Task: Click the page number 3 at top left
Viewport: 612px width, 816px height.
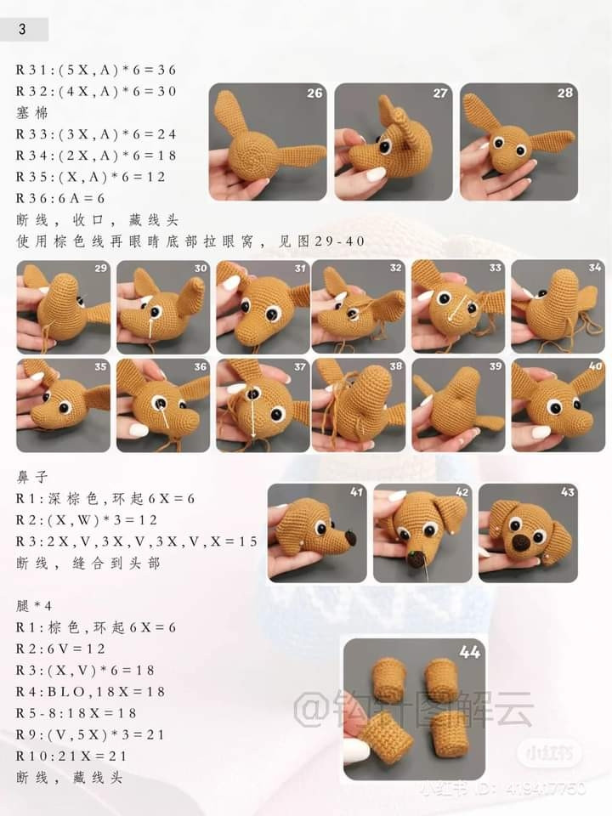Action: pyautogui.click(x=22, y=29)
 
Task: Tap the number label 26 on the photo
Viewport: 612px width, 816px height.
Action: pyautogui.click(x=314, y=93)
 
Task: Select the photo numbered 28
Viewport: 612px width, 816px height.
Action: pyautogui.click(x=518, y=142)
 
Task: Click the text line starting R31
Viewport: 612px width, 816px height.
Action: pyautogui.click(x=96, y=71)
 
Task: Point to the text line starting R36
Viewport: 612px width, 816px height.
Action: pyautogui.click(x=60, y=198)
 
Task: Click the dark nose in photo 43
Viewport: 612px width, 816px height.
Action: pyautogui.click(x=521, y=543)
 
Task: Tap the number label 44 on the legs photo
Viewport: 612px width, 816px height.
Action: pyautogui.click(x=469, y=652)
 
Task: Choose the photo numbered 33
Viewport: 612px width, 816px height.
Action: pyautogui.click(x=458, y=307)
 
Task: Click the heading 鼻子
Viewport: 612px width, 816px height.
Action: pyautogui.click(x=32, y=477)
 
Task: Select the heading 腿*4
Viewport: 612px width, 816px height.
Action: pyautogui.click(x=34, y=606)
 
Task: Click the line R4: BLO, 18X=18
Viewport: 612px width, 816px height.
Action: pyautogui.click(x=91, y=692)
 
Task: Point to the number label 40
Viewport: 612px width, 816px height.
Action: pyautogui.click(x=595, y=365)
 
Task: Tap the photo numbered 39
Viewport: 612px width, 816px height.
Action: pyautogui.click(x=458, y=405)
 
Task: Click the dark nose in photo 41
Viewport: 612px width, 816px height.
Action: pyautogui.click(x=352, y=537)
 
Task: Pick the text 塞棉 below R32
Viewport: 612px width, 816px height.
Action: pyautogui.click(x=31, y=113)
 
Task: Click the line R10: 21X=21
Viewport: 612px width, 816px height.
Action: pyautogui.click(x=71, y=756)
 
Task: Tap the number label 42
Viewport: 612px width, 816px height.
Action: pyautogui.click(x=462, y=492)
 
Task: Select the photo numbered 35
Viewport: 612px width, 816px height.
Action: pyautogui.click(x=64, y=405)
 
